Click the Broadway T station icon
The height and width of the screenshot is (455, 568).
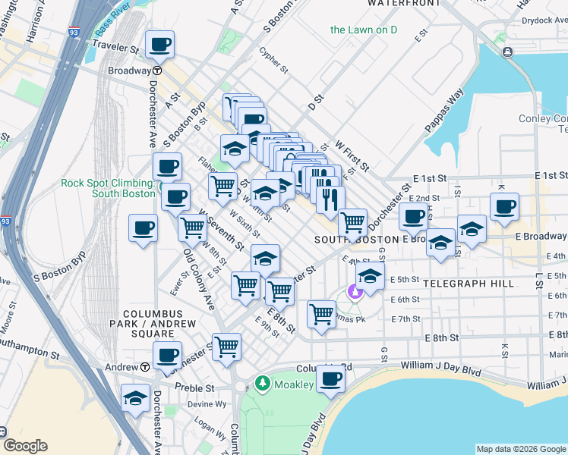coord(156,71)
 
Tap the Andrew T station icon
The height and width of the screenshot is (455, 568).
coord(144,367)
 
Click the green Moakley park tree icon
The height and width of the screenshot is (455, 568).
coord(263,384)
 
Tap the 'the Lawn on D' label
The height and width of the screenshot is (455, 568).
coord(364,30)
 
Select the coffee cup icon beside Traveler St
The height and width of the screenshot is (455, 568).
coord(159,45)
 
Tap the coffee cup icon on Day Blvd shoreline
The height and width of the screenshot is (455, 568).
coord(330,378)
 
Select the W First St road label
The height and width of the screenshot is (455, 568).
coord(352,154)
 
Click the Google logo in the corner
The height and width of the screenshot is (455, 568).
coord(24,446)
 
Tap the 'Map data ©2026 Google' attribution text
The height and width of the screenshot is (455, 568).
coord(520,449)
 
